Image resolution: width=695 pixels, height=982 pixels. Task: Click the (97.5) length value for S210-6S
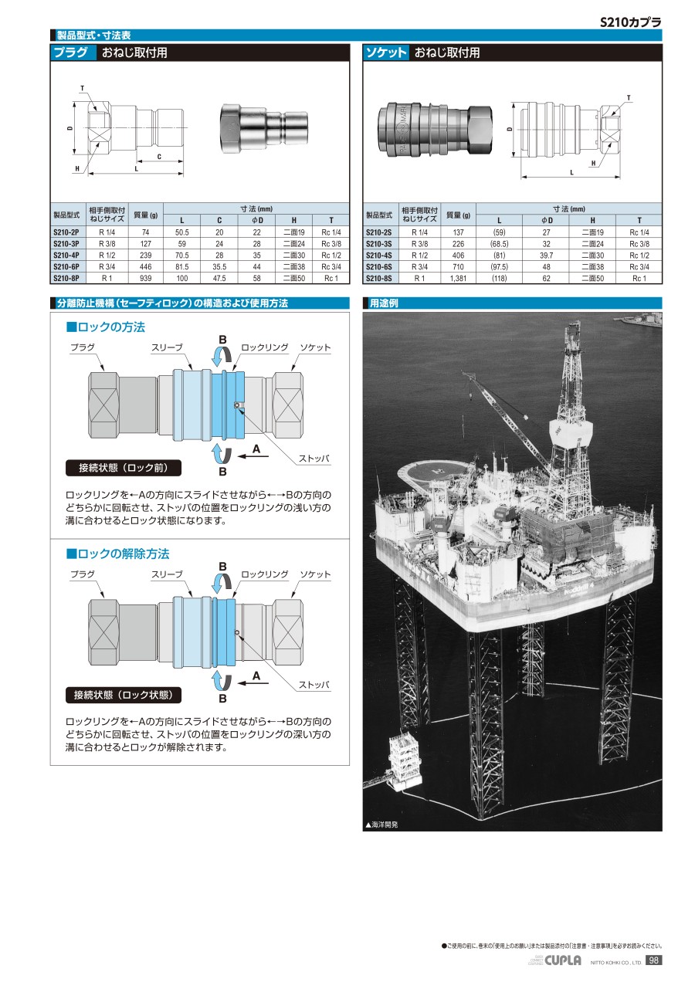coord(499,266)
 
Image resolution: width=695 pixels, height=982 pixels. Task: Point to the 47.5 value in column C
coord(219,278)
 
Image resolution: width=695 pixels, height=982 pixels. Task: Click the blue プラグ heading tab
coord(73,53)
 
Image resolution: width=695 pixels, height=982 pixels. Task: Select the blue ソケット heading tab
coord(386,53)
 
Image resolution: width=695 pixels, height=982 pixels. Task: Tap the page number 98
coord(653,960)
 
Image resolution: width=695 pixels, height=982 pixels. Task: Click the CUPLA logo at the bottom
coord(563,960)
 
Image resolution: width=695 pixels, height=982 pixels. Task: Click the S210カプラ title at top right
coord(631,22)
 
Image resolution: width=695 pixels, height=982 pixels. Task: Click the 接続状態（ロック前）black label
coord(124,468)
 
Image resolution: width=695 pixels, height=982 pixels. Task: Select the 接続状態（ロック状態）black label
coord(124,695)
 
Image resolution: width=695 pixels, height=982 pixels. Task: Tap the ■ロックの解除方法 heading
coord(117,554)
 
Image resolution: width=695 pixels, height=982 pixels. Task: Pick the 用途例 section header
coord(384,303)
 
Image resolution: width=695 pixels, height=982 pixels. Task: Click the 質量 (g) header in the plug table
coord(145,214)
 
